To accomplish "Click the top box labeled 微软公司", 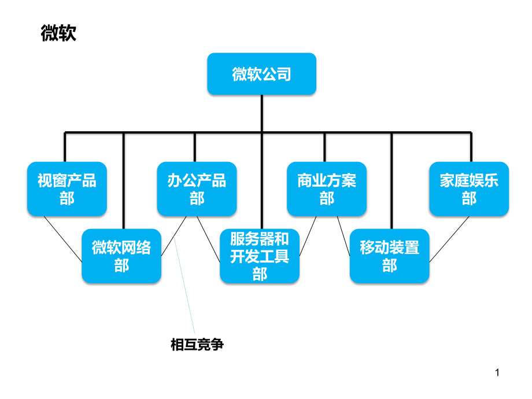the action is click(x=261, y=73).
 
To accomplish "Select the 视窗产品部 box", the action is click(x=67, y=189).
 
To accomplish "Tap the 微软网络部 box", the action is click(x=121, y=256).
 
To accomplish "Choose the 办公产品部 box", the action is click(x=197, y=189).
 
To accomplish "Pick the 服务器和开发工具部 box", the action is click(x=260, y=256).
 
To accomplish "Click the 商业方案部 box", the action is click(x=327, y=189).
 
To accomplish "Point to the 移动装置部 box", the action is click(x=390, y=256).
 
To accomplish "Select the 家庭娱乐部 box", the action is click(x=469, y=189).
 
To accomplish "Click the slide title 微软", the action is click(x=58, y=33).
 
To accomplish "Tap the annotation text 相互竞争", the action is click(x=197, y=345).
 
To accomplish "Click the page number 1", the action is click(x=497, y=372).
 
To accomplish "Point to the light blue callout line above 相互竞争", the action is click(x=184, y=285).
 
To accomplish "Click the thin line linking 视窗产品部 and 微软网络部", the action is click(x=63, y=239).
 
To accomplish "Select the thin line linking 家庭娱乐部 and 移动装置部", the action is click(x=449, y=239).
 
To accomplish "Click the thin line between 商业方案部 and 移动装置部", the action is click(x=343, y=236).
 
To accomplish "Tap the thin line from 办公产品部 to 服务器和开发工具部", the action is click(x=208, y=239).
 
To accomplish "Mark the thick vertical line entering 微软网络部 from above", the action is click(x=124, y=180).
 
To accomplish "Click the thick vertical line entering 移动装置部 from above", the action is click(x=391, y=180).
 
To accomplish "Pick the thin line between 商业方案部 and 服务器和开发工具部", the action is click(x=308, y=236).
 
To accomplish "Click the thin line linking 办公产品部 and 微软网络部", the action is click(x=173, y=236).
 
